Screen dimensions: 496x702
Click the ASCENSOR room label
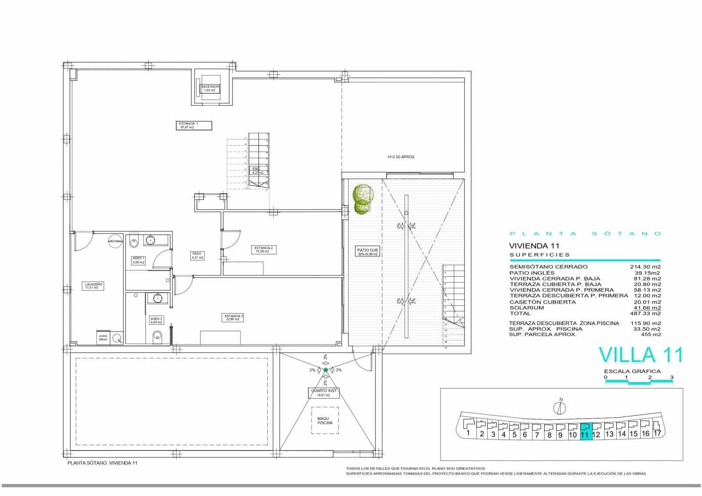(x=210, y=88)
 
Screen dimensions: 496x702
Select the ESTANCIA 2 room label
(x=264, y=250)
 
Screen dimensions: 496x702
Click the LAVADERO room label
(x=94, y=286)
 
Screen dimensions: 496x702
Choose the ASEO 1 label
(x=138, y=260)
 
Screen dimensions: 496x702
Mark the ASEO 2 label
(x=156, y=320)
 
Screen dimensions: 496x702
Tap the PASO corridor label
(x=197, y=255)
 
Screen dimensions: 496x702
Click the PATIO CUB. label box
(x=368, y=252)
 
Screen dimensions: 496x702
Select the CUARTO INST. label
(x=325, y=393)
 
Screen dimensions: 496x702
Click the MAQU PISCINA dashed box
(x=325, y=421)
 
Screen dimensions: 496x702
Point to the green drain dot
(x=326, y=370)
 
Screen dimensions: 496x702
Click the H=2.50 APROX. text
(x=401, y=157)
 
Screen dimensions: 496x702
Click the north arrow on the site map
(x=560, y=407)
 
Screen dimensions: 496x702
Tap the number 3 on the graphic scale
(x=672, y=377)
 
